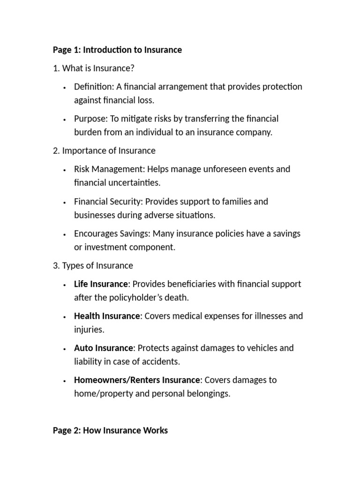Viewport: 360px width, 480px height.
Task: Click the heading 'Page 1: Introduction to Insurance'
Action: (117, 50)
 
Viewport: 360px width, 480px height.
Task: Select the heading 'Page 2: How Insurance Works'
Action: (110, 430)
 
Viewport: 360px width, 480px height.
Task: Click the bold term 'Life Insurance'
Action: (101, 284)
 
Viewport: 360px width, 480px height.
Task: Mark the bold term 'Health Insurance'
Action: (107, 316)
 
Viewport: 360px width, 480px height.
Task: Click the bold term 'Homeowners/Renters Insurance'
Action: (137, 380)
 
